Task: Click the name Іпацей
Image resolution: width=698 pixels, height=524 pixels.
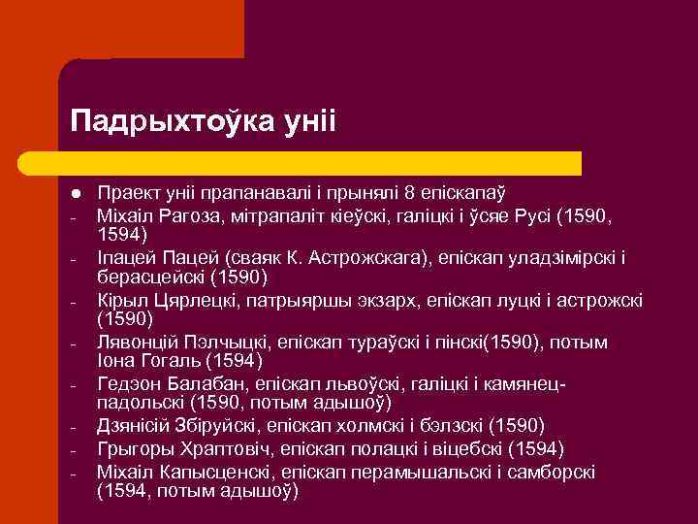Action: click(x=125, y=257)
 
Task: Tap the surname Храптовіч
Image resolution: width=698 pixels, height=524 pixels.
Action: click(x=209, y=448)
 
